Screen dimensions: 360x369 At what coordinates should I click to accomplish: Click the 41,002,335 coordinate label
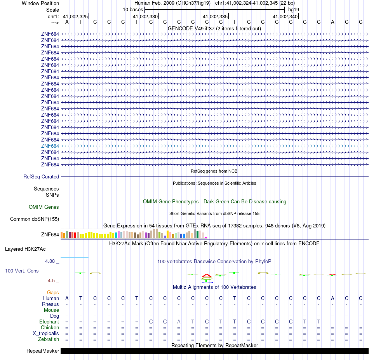click(x=215, y=16)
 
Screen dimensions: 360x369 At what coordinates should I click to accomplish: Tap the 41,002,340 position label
click(x=285, y=16)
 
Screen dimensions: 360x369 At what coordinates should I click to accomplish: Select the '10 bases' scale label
click(x=133, y=9)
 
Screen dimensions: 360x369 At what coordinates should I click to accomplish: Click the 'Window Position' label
click(x=40, y=3)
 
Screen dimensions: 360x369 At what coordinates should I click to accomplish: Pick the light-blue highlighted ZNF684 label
click(x=50, y=146)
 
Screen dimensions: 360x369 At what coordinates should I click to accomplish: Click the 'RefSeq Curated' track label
click(x=41, y=177)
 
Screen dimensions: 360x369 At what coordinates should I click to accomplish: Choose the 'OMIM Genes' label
click(x=44, y=207)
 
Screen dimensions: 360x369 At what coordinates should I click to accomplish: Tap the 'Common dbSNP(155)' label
click(x=35, y=219)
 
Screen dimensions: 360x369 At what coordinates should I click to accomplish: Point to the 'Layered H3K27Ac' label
click(x=25, y=249)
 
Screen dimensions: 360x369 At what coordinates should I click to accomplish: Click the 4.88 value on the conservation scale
click(x=50, y=261)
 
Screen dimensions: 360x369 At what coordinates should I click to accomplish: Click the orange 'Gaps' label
click(x=53, y=292)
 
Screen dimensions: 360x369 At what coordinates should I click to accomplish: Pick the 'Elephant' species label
click(x=49, y=322)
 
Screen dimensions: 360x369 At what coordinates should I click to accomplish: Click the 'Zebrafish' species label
click(x=48, y=339)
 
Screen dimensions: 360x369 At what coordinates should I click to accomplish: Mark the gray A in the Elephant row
click(x=179, y=322)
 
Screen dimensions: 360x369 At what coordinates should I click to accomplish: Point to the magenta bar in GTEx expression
click(x=206, y=237)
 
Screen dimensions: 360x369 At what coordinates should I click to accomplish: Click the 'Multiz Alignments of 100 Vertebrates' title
click(x=214, y=287)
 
